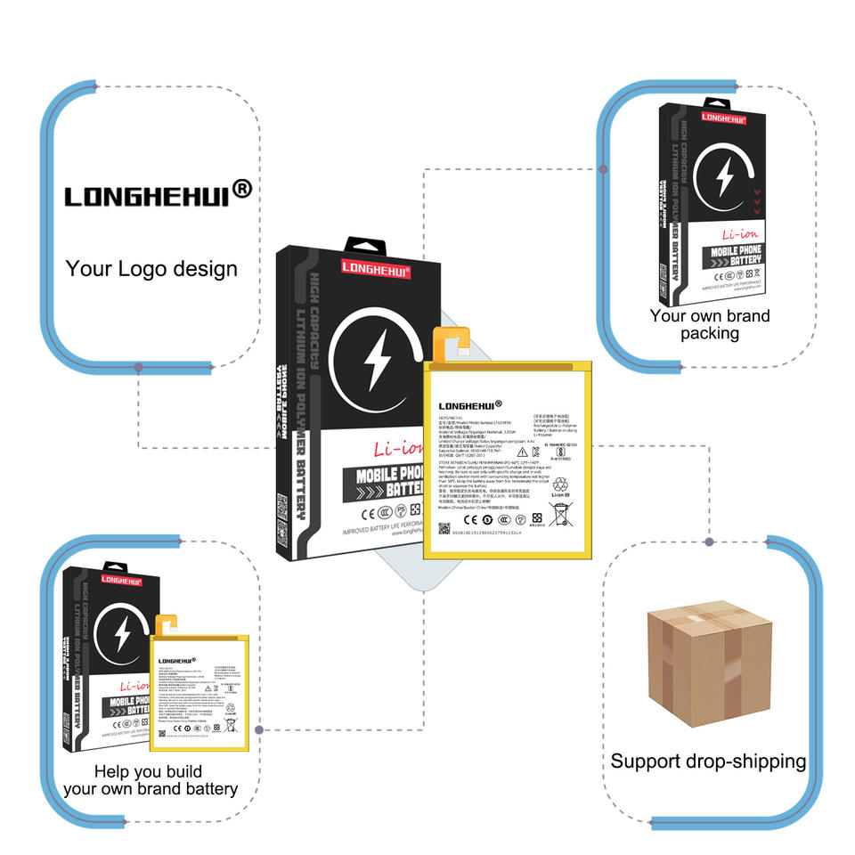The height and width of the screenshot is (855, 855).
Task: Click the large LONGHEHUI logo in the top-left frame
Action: pos(157,193)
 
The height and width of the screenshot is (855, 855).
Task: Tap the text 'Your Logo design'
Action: pos(151,268)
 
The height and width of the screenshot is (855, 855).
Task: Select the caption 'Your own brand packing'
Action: pos(710,324)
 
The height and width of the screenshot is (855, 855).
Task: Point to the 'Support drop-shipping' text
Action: pos(708,761)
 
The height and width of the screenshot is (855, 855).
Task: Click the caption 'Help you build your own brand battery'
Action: pos(150,780)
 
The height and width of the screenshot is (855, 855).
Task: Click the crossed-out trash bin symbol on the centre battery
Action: pos(560,514)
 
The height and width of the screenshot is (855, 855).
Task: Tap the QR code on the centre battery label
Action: pos(444,529)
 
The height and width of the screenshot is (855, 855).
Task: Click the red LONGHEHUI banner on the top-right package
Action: pos(723,117)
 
